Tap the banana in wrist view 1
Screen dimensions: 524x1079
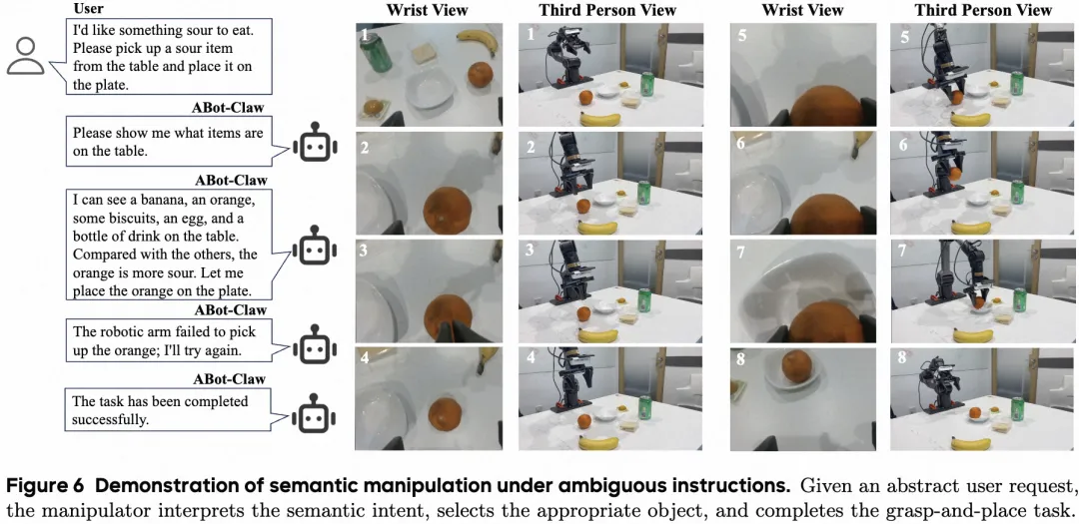(x=477, y=41)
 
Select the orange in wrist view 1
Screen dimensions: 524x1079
(x=481, y=75)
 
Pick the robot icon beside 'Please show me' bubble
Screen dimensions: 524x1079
(x=315, y=145)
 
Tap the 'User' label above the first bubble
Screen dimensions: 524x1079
(x=88, y=9)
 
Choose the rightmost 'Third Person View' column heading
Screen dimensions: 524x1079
(x=982, y=11)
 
